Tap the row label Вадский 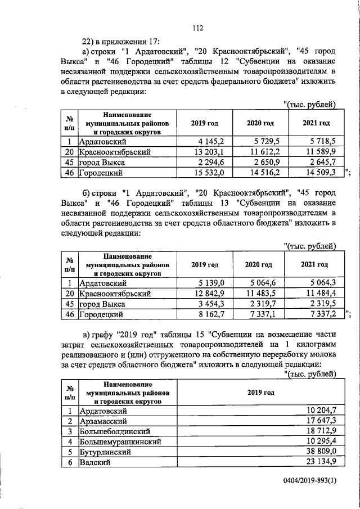point(93,462)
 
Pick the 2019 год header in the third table point(260,393)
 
